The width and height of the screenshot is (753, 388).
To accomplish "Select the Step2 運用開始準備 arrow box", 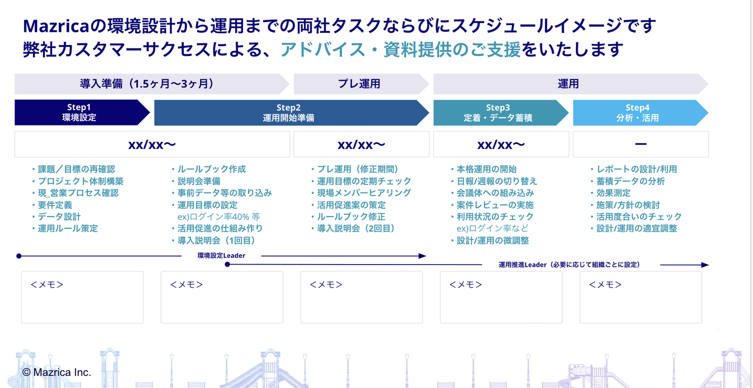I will click(x=289, y=112).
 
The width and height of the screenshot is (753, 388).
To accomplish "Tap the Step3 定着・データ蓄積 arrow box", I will click(x=498, y=112).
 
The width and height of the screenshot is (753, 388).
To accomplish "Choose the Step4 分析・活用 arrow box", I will click(x=637, y=112).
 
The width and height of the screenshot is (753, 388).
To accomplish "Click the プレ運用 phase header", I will click(x=359, y=84).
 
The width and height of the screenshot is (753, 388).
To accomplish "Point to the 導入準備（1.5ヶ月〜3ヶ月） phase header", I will click(x=147, y=84).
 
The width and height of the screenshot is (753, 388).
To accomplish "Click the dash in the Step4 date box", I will click(x=641, y=144).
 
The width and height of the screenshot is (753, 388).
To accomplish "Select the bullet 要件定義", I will click(x=55, y=205).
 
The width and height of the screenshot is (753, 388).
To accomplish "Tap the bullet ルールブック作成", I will click(x=211, y=169).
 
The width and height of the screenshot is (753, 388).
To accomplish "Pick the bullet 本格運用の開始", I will click(x=486, y=169).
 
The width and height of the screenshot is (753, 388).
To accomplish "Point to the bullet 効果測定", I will click(x=613, y=193).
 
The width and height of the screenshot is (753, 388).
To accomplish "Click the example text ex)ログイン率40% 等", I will click(x=219, y=216).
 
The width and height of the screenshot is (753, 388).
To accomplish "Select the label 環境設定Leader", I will click(x=221, y=256).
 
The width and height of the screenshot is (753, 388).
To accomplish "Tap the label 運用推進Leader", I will click(x=522, y=265).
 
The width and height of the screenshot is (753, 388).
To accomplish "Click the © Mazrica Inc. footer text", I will click(x=56, y=372).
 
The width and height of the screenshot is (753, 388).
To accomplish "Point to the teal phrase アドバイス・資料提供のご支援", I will click(x=401, y=50).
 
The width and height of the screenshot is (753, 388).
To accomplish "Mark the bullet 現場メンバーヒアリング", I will click(x=364, y=193).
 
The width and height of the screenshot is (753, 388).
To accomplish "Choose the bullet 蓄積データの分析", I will click(x=631, y=181).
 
